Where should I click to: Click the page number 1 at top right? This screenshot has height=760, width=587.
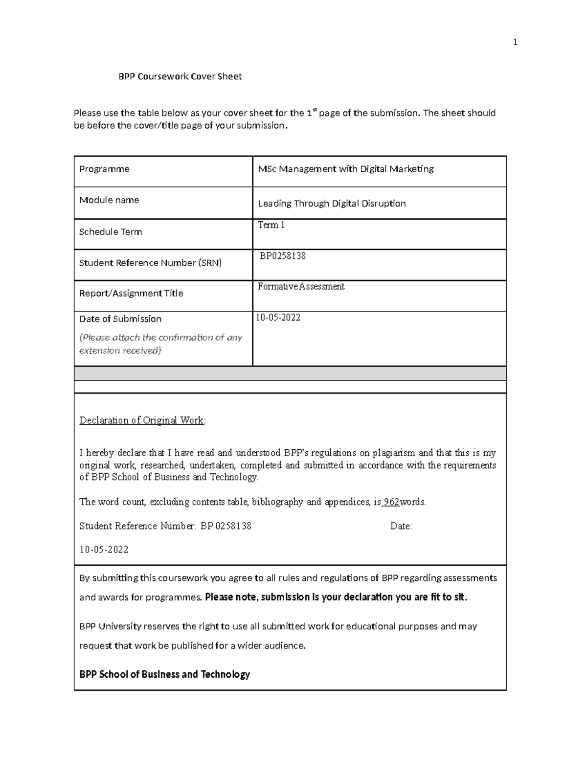515,43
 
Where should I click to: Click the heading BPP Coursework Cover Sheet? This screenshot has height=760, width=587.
181,76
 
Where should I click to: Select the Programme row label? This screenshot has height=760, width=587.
104,169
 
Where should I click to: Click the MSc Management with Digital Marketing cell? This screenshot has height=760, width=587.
345,169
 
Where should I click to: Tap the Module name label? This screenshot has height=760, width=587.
109,200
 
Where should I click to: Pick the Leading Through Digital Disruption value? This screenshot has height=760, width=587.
332,204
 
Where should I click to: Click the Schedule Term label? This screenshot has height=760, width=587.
111,232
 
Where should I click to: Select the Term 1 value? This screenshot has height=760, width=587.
271,225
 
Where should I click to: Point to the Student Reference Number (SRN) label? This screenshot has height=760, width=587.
150,263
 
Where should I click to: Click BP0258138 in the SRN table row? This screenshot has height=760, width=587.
283,256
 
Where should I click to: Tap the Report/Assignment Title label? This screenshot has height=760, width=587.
131,294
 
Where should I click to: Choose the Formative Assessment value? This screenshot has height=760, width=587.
301,287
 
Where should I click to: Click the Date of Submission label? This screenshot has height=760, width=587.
120,319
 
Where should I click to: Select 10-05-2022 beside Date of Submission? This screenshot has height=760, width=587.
278,318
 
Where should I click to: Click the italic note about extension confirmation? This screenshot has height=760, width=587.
160,344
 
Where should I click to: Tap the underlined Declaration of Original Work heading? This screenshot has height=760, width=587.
142,420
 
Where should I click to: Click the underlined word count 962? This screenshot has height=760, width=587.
391,502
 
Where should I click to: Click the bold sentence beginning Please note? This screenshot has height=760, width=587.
336,598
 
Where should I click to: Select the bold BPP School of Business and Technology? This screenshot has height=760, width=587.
164,675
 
